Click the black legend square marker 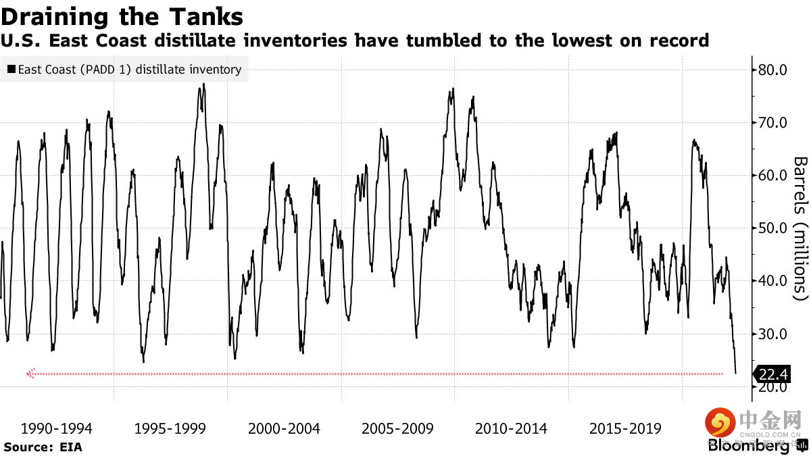[11, 69]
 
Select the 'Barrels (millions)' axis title [800, 228]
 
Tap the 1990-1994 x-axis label [57, 428]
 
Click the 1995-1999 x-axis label [170, 428]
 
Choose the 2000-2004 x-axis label [284, 428]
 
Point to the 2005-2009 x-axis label [397, 428]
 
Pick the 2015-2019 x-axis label [625, 428]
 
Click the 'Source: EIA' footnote [43, 447]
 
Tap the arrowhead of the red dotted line [30, 373]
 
